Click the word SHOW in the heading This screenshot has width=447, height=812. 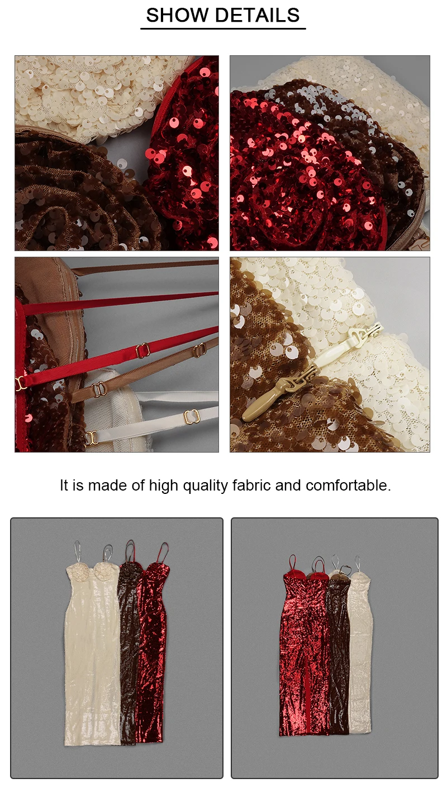tap(177, 15)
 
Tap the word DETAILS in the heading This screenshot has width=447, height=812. tap(257, 15)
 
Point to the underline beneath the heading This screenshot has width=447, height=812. tap(223, 28)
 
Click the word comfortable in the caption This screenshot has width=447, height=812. tap(348, 486)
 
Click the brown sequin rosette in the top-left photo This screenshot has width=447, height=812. tap(83, 196)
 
